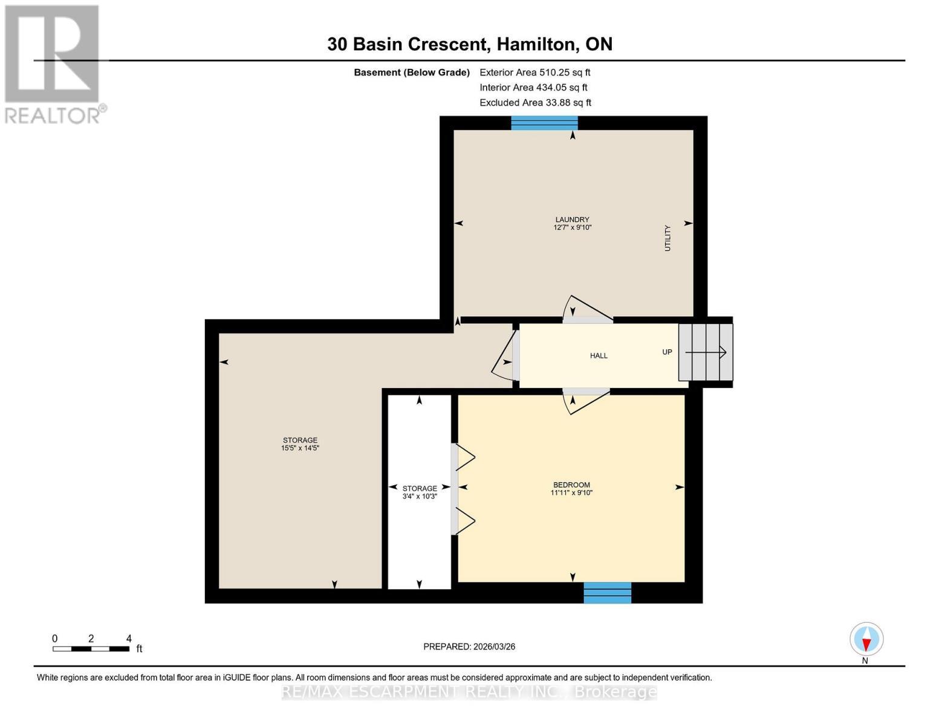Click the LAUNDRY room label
(x=572, y=220)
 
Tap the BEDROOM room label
(x=571, y=485)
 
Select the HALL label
(x=599, y=356)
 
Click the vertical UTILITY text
(x=668, y=238)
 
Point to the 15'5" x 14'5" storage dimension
(x=300, y=448)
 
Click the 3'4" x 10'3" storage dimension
(x=420, y=496)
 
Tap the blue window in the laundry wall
(x=544, y=123)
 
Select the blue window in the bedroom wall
(x=607, y=593)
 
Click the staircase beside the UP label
(x=706, y=352)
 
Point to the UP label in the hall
(x=667, y=352)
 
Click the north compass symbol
(x=866, y=639)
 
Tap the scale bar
(x=91, y=649)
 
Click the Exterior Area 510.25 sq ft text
(x=534, y=72)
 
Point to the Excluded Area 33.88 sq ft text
(x=535, y=103)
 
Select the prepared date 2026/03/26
(x=469, y=646)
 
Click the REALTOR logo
(x=53, y=63)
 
